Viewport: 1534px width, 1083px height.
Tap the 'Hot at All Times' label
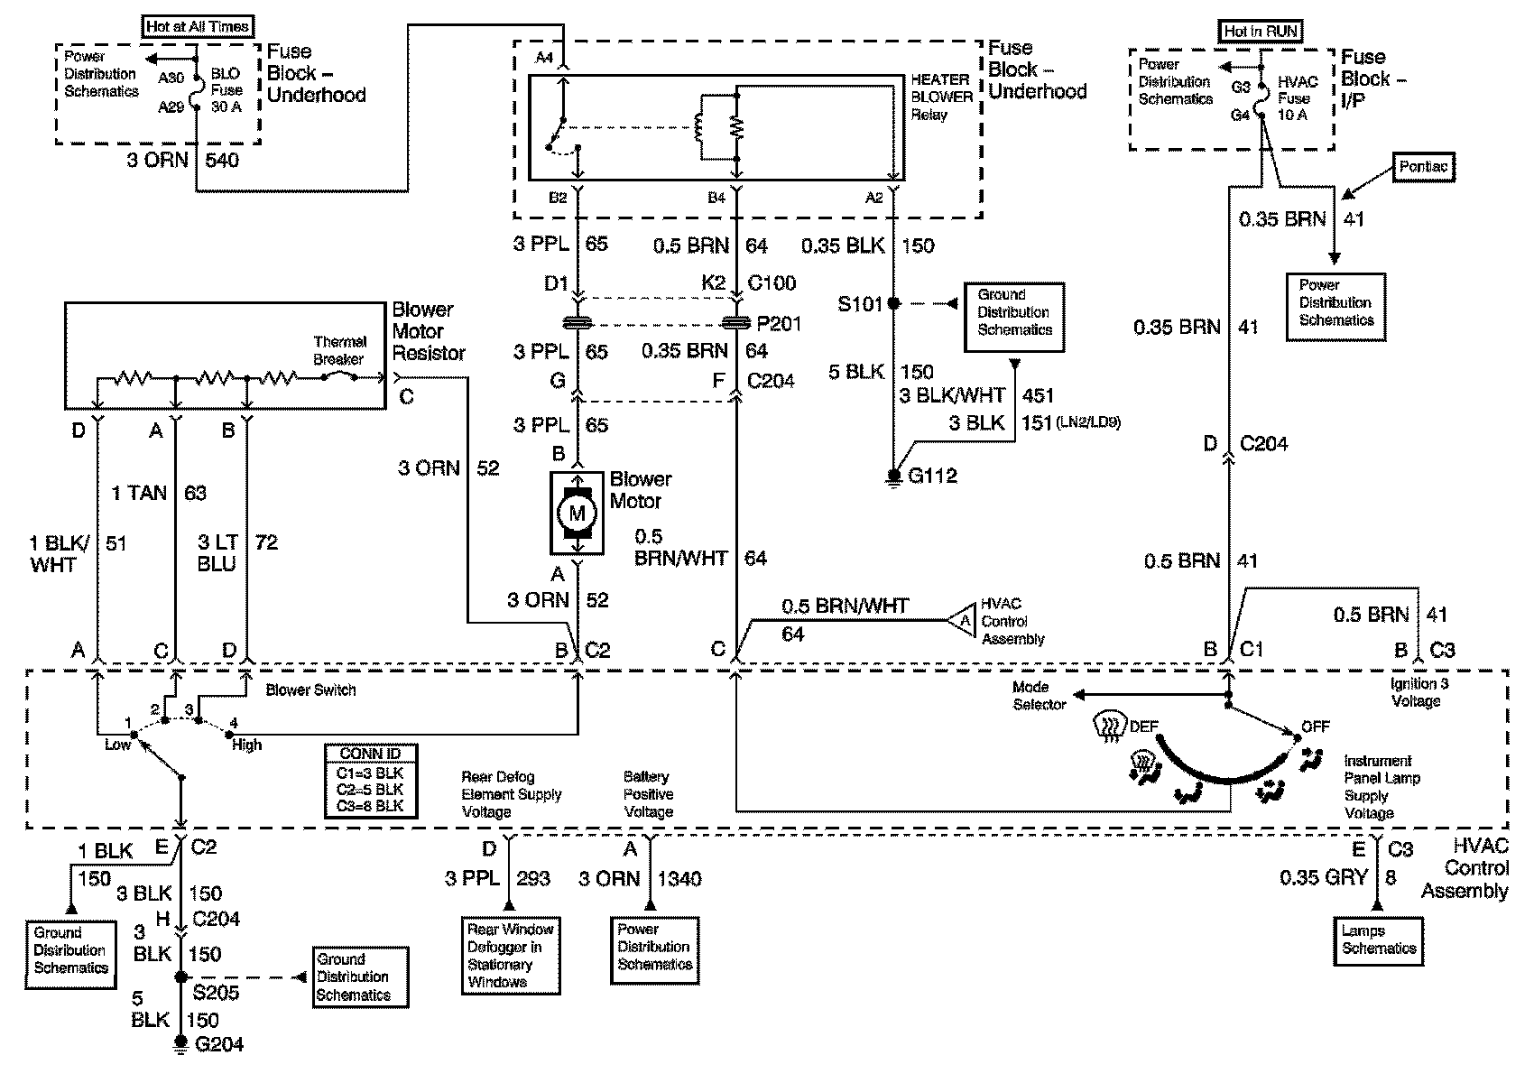pos(198,26)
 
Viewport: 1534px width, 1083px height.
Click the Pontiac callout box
pos(1424,167)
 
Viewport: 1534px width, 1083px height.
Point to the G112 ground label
pos(932,476)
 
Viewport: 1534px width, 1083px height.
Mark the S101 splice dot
pos(894,304)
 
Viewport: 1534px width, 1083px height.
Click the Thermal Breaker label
pos(340,350)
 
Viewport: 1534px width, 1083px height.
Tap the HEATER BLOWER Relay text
pos(941,97)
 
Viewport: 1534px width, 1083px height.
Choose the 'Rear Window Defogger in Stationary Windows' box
pos(510,956)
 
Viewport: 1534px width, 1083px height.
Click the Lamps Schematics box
pos(1379,940)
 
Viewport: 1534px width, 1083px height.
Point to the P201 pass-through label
pos(779,323)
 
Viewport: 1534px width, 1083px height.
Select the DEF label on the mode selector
pos(1143,726)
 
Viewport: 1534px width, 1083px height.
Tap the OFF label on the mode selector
pos(1315,726)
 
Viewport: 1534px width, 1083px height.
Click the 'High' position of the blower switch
pos(245,745)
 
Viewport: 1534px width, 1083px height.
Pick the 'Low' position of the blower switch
pos(118,745)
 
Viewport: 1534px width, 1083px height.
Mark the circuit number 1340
pos(679,878)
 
